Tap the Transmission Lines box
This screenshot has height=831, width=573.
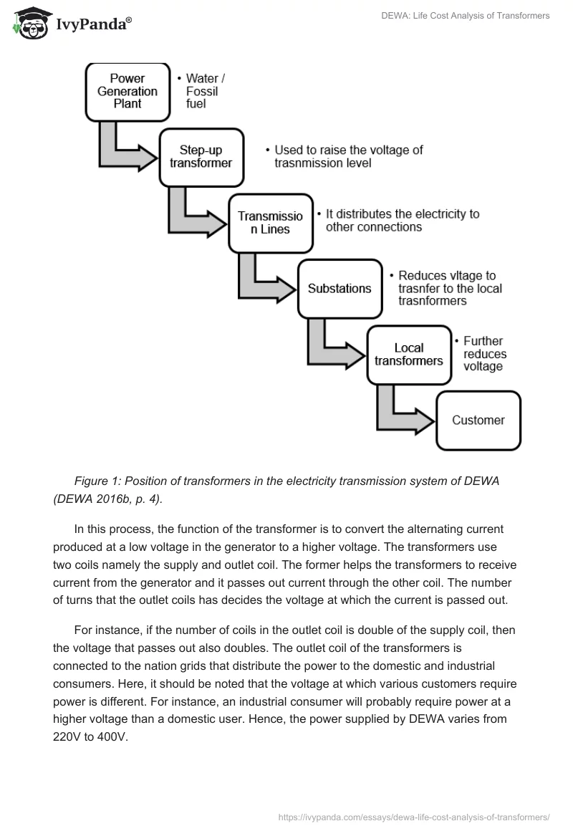270,222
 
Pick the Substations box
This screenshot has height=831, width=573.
340,288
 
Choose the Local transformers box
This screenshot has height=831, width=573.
408,354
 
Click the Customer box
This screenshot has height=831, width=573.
478,421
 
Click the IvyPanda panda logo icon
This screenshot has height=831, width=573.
28,24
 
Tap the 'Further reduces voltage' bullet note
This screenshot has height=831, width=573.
484,354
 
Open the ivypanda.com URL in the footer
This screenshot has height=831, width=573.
414,815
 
